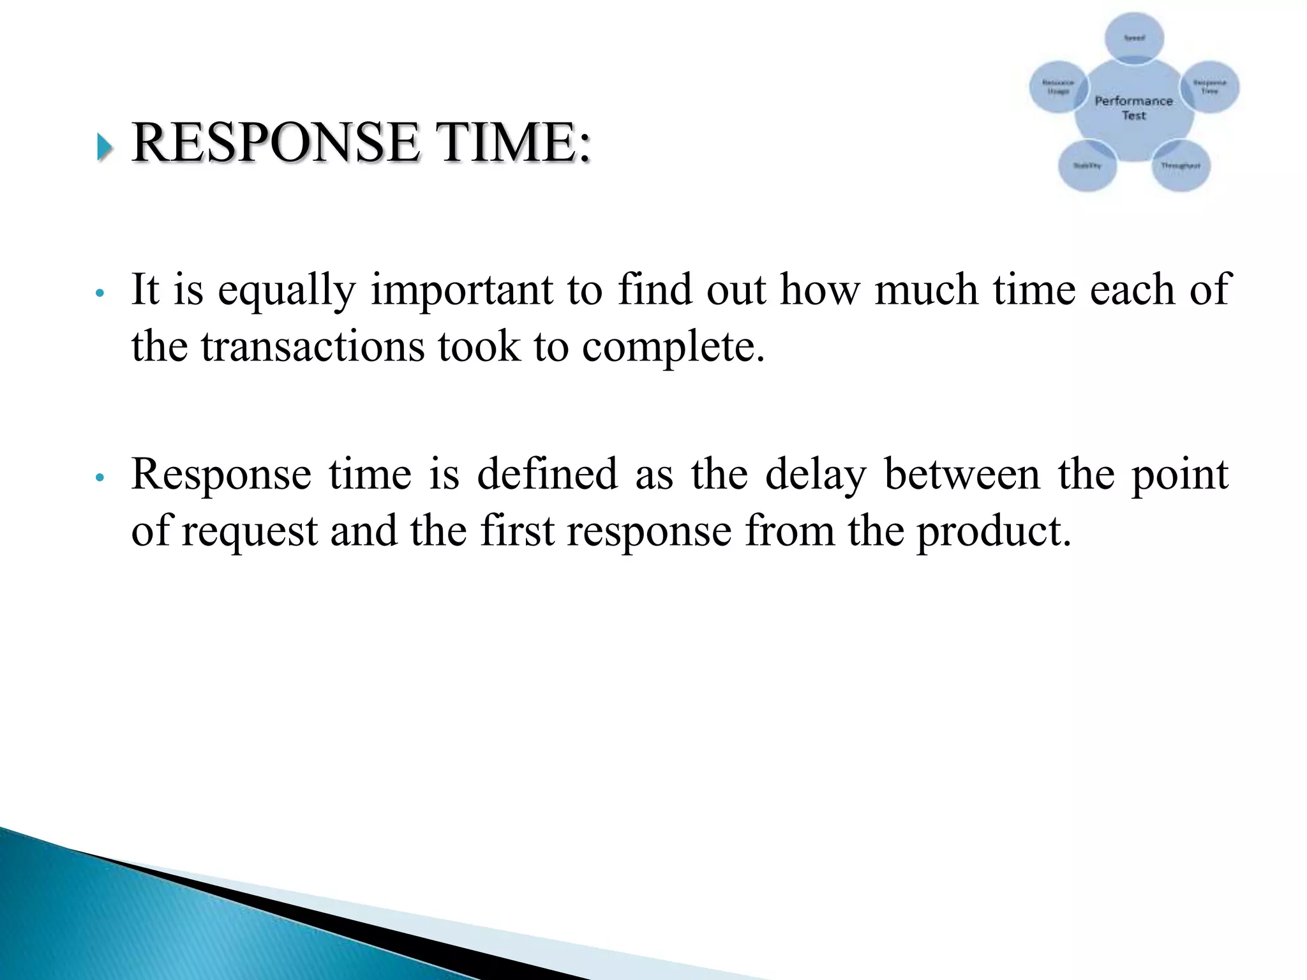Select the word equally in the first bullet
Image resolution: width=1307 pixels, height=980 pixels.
tap(286, 291)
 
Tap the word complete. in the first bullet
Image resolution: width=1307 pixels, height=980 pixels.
tap(673, 348)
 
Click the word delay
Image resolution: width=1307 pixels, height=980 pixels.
tap(816, 475)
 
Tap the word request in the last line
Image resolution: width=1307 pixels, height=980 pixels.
tap(250, 531)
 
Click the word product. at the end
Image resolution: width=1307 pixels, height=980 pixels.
tap(994, 531)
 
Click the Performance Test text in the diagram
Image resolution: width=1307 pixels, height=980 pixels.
tap(1133, 108)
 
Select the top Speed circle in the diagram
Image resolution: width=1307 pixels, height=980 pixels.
tap(1134, 37)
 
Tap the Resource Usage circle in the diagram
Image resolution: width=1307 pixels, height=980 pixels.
tap(1057, 87)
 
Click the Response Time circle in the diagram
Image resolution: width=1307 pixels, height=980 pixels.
tap(1209, 87)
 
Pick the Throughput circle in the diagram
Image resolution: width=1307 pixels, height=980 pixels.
tap(1181, 165)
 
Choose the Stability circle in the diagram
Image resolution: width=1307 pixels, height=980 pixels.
tap(1087, 165)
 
